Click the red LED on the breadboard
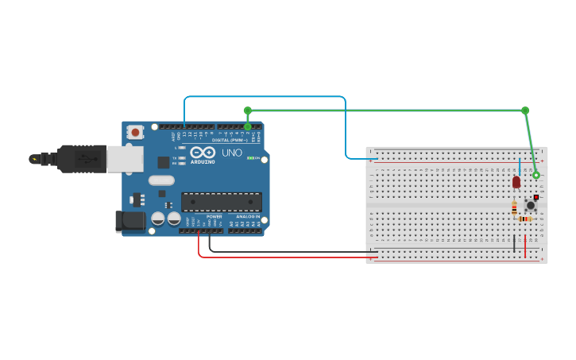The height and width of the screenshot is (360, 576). [516, 182]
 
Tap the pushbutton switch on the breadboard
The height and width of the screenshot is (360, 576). [531, 205]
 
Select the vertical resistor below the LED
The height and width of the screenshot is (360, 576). [514, 208]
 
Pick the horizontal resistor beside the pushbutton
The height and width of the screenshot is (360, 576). [524, 219]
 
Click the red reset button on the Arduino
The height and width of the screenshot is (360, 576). [136, 133]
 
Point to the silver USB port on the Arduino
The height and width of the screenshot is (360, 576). [125, 159]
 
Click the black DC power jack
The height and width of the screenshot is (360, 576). [130, 222]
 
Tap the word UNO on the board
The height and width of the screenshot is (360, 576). [232, 153]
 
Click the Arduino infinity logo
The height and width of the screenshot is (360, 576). [202, 152]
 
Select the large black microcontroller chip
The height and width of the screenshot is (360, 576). [221, 202]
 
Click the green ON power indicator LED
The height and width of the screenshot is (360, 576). [250, 158]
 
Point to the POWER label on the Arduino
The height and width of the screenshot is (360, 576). [215, 216]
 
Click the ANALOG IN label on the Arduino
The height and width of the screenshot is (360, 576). [247, 216]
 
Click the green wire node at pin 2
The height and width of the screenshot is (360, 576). [248, 126]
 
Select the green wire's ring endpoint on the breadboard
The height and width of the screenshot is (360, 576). [535, 175]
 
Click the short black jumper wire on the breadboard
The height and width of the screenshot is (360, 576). [514, 243]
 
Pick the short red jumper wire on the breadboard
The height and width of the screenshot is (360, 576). [525, 242]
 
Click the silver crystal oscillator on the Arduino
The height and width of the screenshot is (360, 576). [160, 180]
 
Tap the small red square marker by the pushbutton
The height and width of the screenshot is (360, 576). [536, 196]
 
